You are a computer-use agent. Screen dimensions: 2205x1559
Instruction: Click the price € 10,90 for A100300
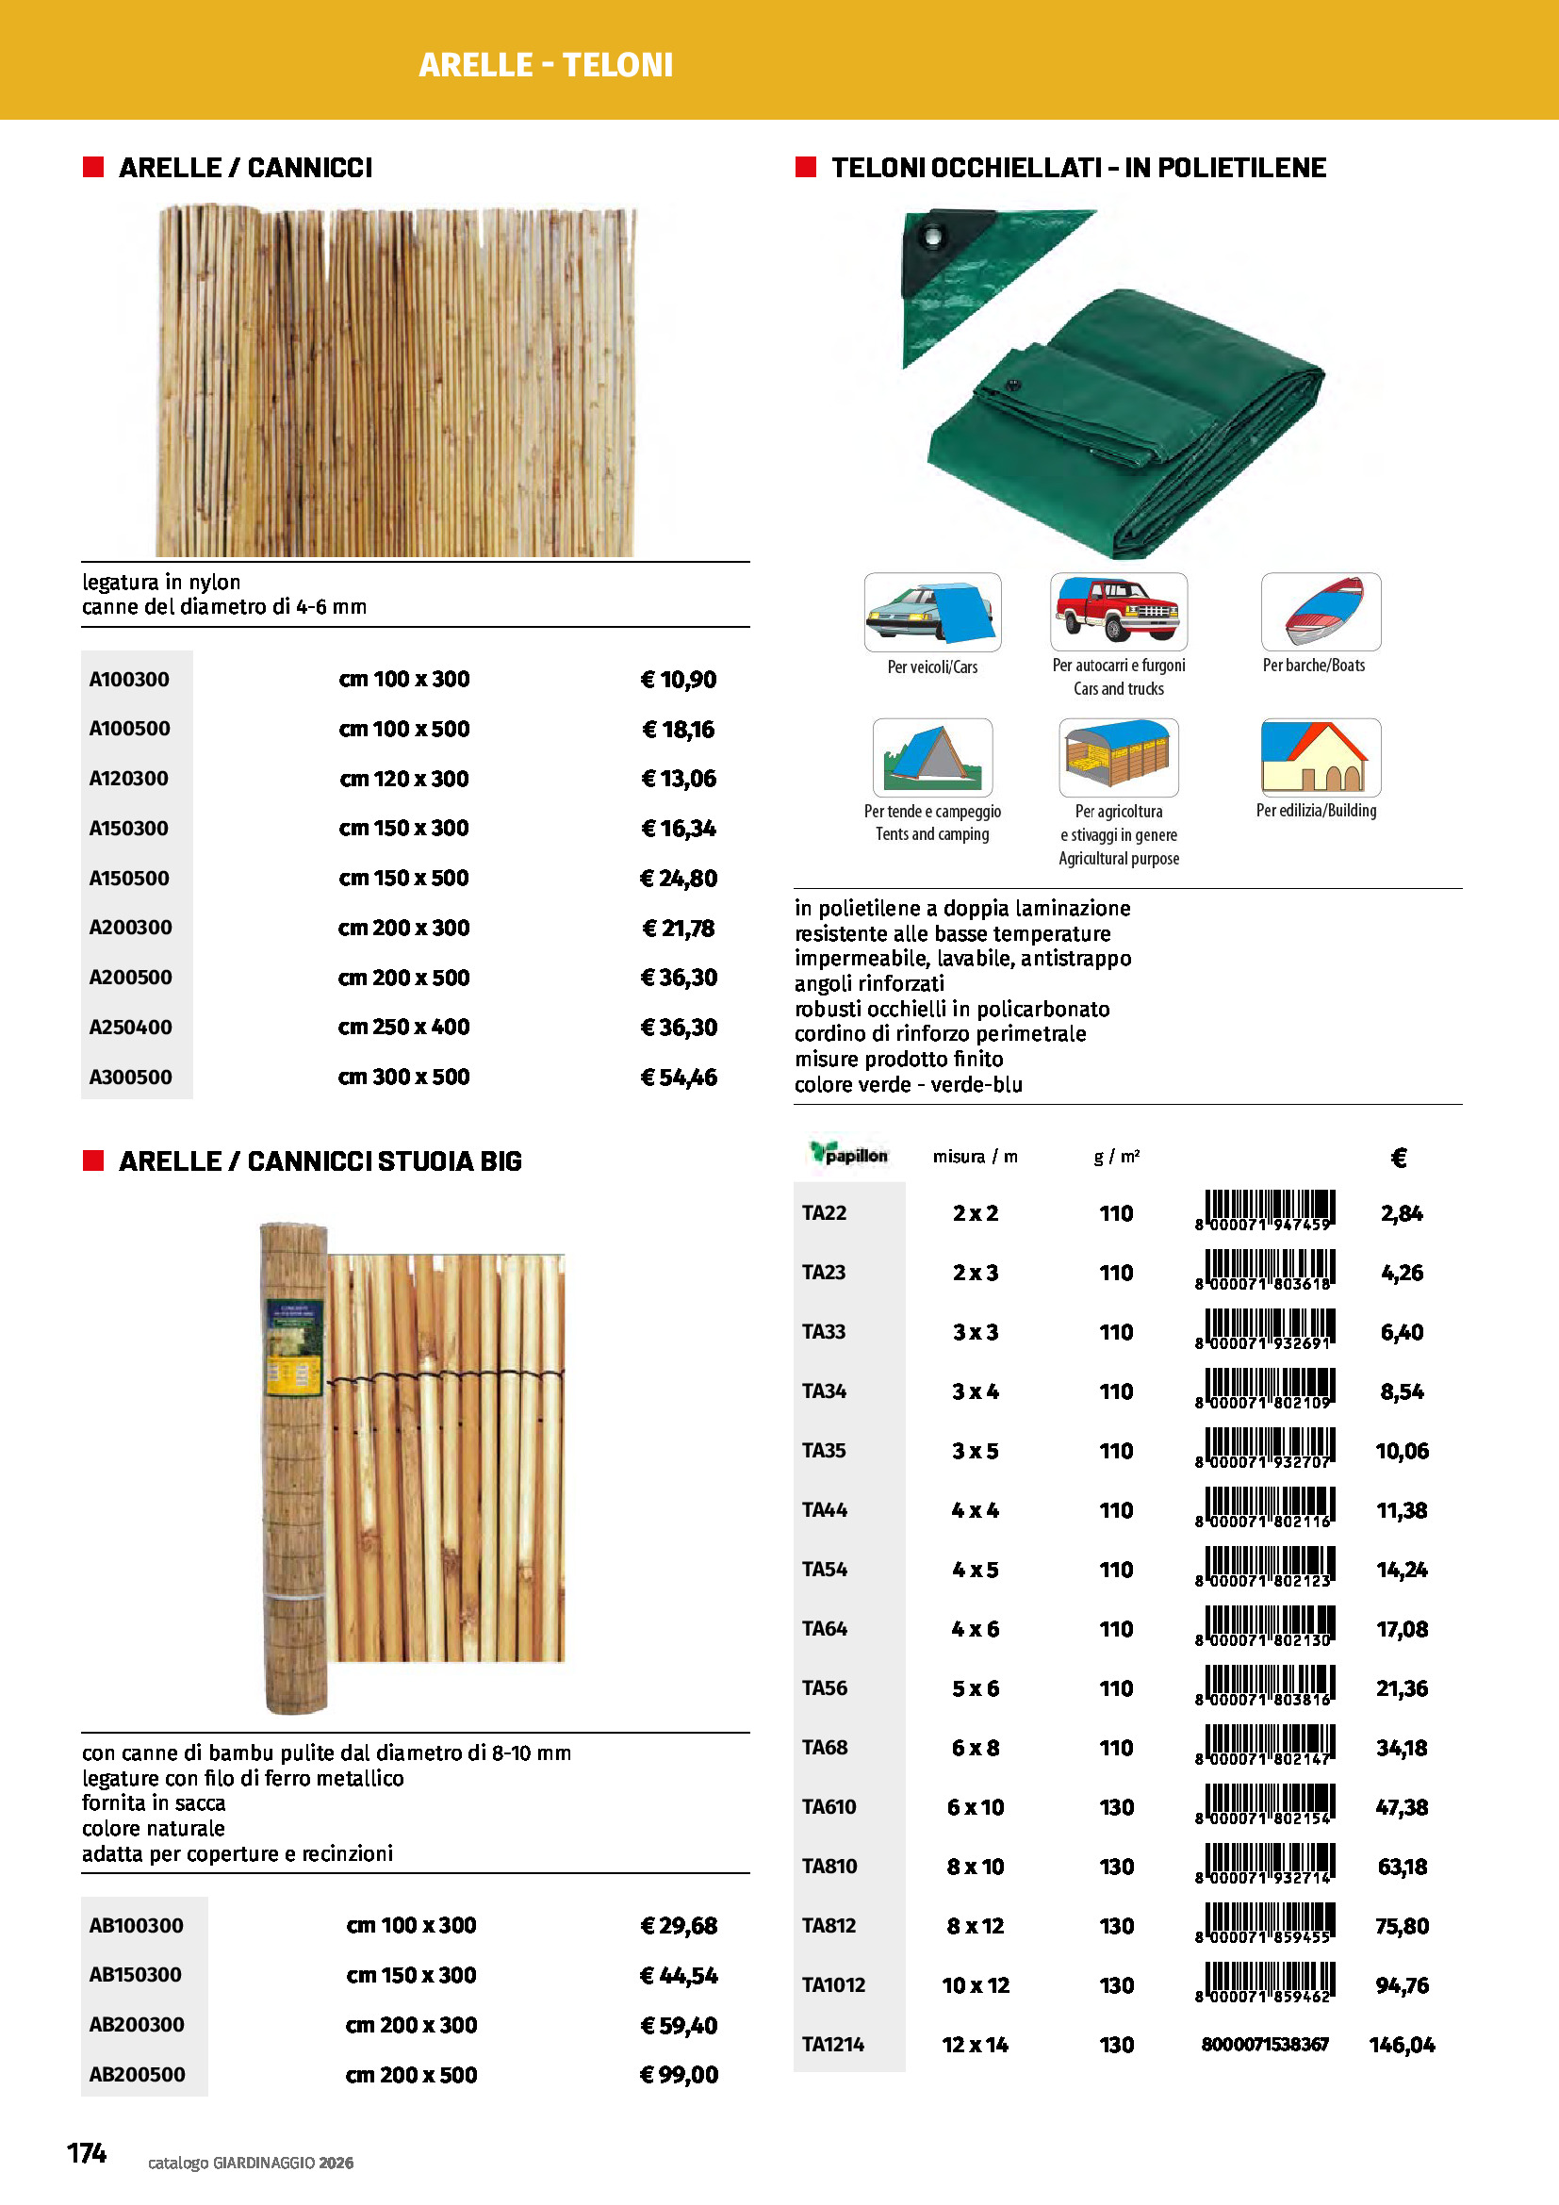[x=679, y=680]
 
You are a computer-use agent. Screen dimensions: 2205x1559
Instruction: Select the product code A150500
[x=128, y=878]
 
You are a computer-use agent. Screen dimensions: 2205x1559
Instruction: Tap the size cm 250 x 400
[x=403, y=1027]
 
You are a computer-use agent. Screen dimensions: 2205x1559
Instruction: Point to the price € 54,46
[x=679, y=1077]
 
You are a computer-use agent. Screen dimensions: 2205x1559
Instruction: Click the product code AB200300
[x=137, y=2024]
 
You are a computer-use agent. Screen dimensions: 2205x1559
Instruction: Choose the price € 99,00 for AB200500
[x=679, y=2074]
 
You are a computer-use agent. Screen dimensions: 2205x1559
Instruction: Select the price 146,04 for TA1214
[x=1402, y=2045]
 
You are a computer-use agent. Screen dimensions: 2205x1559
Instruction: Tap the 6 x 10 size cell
[x=976, y=1807]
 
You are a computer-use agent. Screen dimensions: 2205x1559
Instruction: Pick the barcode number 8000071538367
[x=1265, y=2045]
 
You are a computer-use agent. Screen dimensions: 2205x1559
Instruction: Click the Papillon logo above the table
[x=848, y=1155]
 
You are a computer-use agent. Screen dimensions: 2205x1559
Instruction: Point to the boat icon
[x=1321, y=611]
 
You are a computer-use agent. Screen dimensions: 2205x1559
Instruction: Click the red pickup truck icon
[x=1119, y=611]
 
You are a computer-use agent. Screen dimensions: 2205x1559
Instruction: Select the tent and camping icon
[x=932, y=757]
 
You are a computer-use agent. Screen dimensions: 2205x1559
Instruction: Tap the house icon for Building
[x=1320, y=757]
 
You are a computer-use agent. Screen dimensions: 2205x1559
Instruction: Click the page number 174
[x=87, y=2153]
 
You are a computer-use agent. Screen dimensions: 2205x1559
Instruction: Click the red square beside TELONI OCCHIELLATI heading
[x=805, y=167]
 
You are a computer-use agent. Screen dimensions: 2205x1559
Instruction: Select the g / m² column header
[x=1116, y=1157]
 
